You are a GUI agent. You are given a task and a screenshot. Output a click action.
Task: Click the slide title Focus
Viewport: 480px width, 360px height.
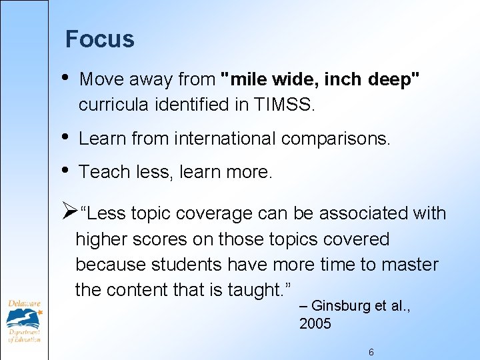click(x=99, y=40)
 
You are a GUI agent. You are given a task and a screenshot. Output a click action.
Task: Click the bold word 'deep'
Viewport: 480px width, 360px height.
click(x=395, y=79)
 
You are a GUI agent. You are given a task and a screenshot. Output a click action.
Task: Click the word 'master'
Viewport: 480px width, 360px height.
click(x=410, y=265)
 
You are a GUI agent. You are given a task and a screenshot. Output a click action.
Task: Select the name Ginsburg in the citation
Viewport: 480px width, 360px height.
click(x=338, y=307)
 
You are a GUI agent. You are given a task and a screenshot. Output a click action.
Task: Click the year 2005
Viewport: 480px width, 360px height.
click(x=315, y=324)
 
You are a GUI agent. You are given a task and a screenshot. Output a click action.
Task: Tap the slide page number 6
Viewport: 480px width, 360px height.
click(x=371, y=352)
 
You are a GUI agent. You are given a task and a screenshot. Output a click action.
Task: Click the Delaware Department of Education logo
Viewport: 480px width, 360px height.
click(x=24, y=321)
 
